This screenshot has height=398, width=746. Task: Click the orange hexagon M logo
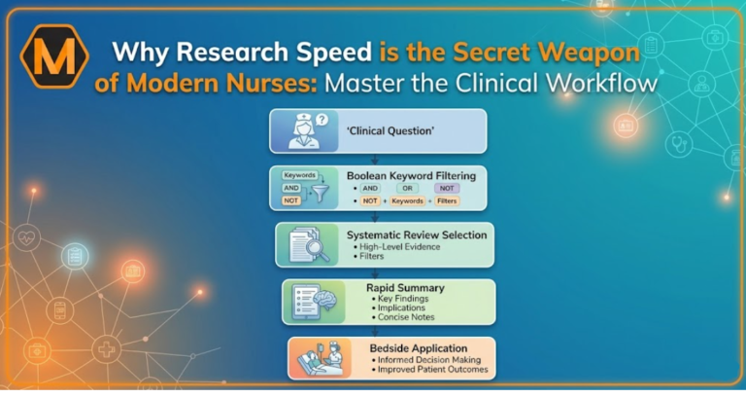[54, 56]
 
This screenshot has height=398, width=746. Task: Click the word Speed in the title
[333, 52]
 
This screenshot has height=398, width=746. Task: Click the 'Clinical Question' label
[390, 131]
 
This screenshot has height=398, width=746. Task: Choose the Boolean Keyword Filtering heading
[411, 176]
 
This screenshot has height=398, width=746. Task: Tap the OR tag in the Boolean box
[407, 188]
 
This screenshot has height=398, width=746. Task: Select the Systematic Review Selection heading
[417, 235]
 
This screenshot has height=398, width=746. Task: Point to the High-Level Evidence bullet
[396, 247]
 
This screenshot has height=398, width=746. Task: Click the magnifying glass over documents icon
[309, 244]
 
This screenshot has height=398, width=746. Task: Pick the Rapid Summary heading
[405, 288]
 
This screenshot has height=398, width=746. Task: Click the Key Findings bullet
[400, 299]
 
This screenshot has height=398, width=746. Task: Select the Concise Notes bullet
[403, 317]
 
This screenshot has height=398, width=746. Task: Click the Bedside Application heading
[419, 348]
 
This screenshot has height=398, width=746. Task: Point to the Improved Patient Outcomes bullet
[429, 370]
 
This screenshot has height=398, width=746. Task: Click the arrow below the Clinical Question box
[375, 160]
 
